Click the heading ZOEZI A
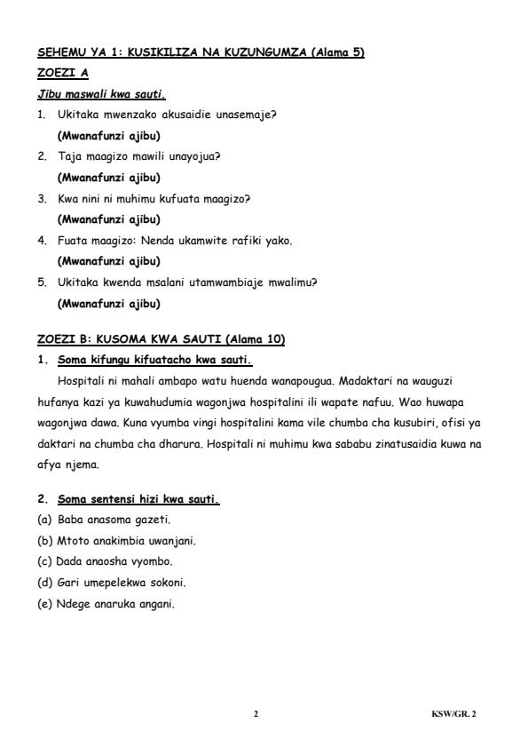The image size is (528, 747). (x=62, y=74)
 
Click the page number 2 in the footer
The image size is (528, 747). (x=256, y=713)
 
